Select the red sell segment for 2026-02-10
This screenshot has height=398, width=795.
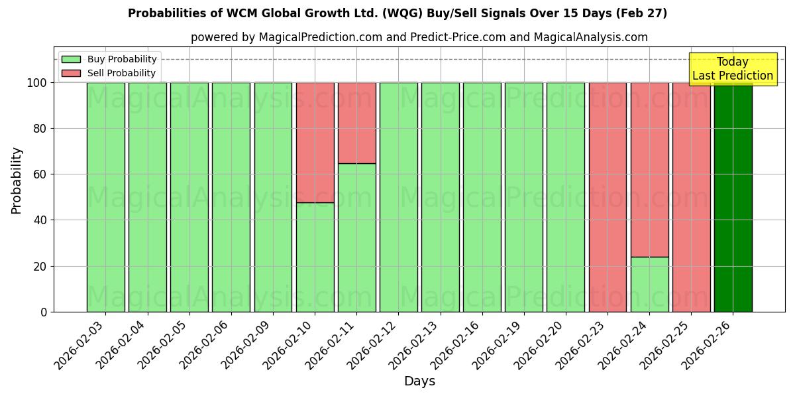point(315,142)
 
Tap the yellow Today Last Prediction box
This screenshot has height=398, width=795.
point(732,69)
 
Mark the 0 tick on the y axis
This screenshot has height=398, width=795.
point(44,312)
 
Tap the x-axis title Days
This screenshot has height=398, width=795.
point(419,381)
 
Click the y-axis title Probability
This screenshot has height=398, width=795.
point(17,180)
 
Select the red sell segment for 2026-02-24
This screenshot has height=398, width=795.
point(649,169)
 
